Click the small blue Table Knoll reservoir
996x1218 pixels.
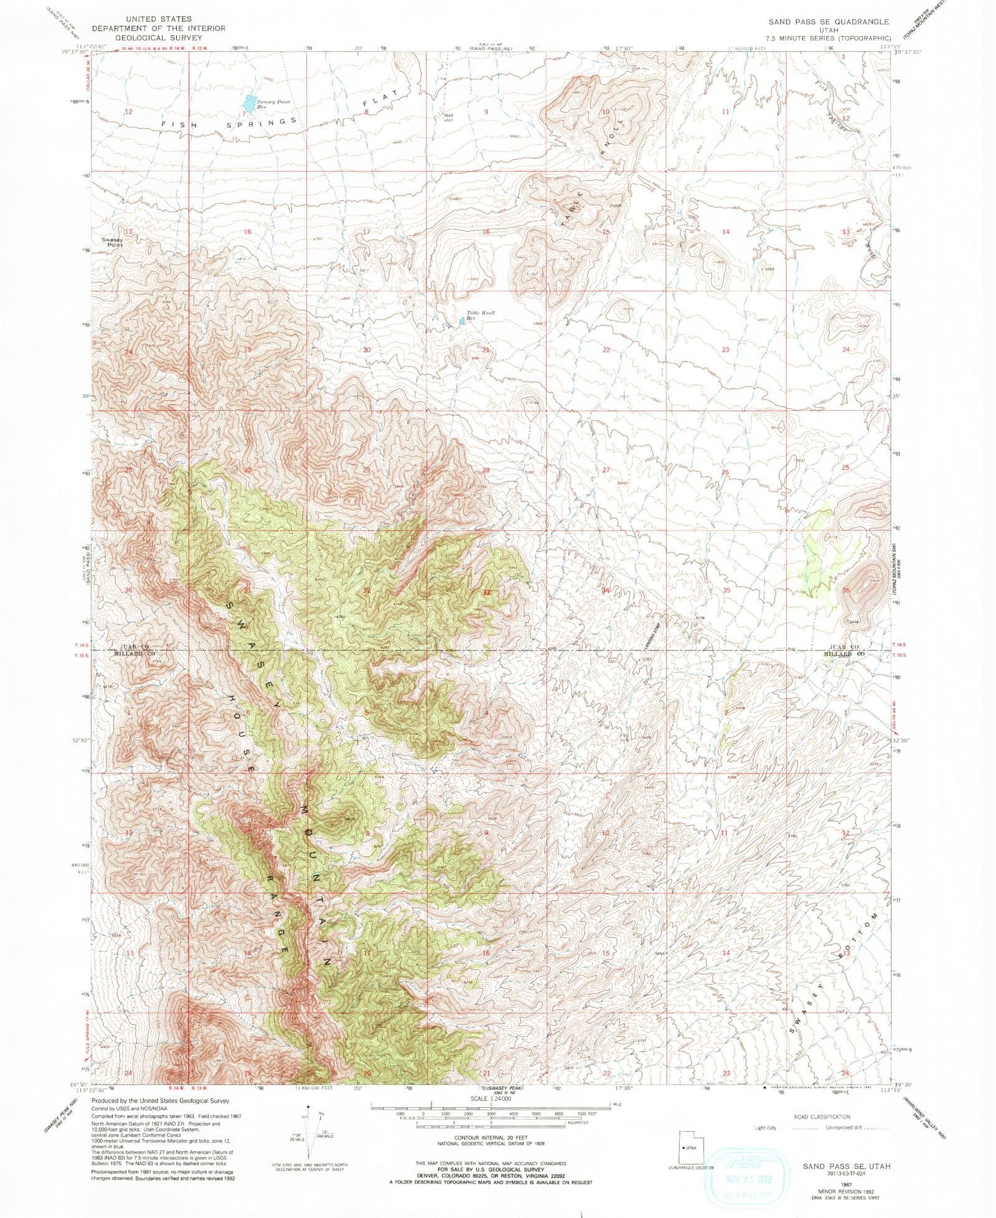click(461, 321)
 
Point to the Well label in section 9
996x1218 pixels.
click(448, 115)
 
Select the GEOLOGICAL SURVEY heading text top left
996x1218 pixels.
click(159, 37)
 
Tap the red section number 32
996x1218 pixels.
click(367, 590)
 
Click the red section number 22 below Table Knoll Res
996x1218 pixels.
click(606, 350)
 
